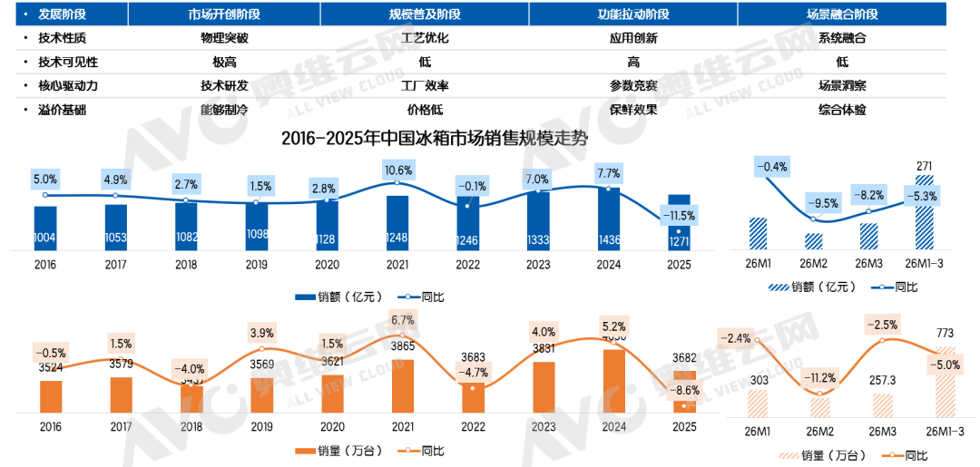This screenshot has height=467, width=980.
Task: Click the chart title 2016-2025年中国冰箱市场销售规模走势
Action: tap(433, 140)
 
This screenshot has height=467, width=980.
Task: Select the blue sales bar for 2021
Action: tap(397, 222)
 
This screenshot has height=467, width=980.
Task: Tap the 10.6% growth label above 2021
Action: tap(397, 170)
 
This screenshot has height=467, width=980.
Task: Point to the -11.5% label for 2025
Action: tap(679, 217)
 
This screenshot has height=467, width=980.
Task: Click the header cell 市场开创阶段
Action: tap(224, 15)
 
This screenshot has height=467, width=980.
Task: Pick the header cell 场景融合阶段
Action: tap(841, 15)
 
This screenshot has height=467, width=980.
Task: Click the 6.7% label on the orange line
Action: tap(402, 319)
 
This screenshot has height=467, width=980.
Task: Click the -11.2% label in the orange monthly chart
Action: tap(820, 378)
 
